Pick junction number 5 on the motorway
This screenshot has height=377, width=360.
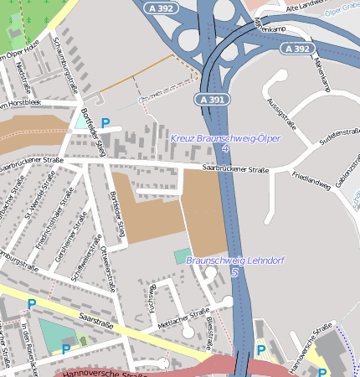coord(234,272)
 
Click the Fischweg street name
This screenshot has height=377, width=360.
coord(152,298)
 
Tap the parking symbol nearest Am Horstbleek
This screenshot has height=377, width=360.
coord(105,123)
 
